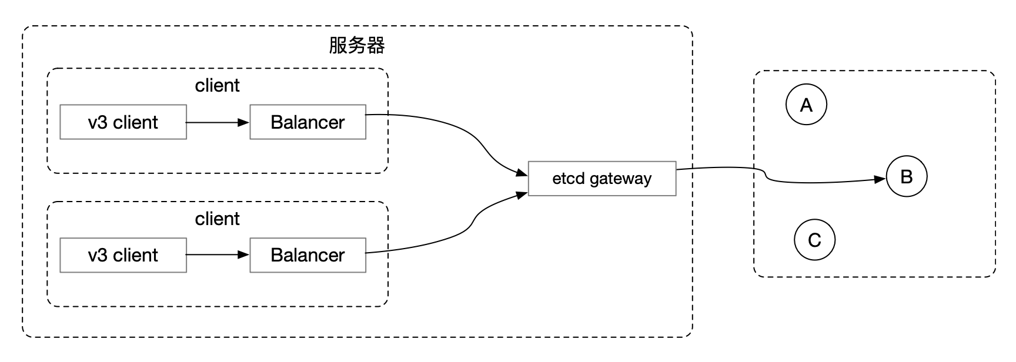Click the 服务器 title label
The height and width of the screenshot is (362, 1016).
(x=357, y=46)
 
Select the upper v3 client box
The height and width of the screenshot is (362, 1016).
(x=123, y=122)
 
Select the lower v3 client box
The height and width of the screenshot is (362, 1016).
(x=123, y=255)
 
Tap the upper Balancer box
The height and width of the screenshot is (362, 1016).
(x=308, y=122)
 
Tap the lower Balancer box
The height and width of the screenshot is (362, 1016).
(x=308, y=255)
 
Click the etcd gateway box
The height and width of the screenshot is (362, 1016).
(x=602, y=179)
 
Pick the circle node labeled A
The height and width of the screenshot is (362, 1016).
(x=806, y=105)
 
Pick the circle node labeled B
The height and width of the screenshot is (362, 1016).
(x=906, y=176)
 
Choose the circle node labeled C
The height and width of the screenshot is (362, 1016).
(x=814, y=240)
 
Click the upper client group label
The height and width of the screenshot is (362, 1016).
(x=217, y=86)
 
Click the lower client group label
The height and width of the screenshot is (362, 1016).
(x=217, y=219)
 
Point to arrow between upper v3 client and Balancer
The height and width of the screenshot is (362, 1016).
(x=218, y=122)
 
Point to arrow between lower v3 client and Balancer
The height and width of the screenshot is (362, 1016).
(x=218, y=255)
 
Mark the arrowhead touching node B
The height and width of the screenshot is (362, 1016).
(x=880, y=179)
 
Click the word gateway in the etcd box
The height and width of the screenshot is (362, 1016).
(x=620, y=179)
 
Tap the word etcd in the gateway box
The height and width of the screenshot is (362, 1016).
(x=569, y=179)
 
